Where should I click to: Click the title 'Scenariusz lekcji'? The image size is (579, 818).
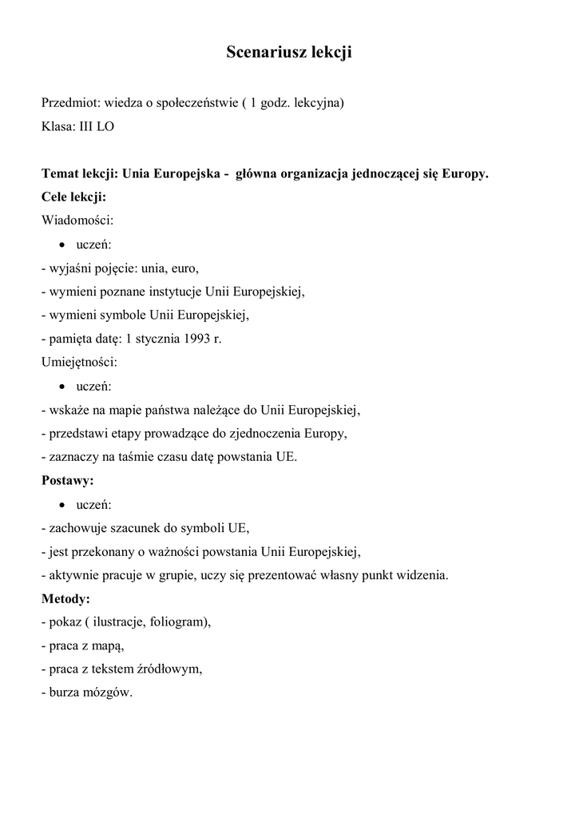coord(289,53)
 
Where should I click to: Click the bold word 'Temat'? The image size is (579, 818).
coord(60,173)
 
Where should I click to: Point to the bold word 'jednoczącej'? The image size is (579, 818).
coord(383,173)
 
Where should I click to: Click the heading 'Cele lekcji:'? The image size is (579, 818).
coord(73,197)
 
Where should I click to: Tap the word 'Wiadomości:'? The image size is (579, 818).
coord(77,220)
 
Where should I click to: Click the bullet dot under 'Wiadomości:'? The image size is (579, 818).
coord(62,244)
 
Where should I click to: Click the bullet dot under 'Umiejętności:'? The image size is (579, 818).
coord(62,386)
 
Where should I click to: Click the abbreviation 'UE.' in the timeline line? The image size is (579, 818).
coord(286,457)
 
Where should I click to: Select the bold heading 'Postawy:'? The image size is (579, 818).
coord(67,480)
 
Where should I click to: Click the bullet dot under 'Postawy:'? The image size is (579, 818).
coord(62,504)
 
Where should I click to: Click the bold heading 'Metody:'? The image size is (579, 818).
coord(65,598)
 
